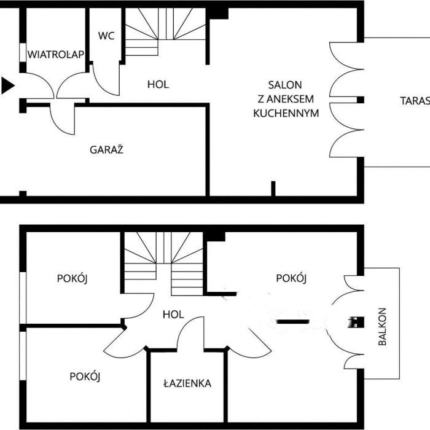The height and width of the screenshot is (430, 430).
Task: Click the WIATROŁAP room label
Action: pos(55,54)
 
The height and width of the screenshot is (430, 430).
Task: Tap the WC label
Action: pos(106,36)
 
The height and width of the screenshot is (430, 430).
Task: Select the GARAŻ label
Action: pos(107,149)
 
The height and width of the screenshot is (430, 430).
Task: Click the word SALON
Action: pos(284,85)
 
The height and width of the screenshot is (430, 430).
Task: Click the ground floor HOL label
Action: pos(158,84)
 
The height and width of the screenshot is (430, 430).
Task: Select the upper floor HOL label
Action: pos(173,315)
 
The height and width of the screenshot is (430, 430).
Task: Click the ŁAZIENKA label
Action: pos(187,383)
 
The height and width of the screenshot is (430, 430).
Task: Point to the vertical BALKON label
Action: pos(382,326)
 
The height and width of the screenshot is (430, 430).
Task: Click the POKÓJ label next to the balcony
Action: pos(291,278)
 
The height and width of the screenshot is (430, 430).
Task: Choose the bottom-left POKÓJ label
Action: pos(85,377)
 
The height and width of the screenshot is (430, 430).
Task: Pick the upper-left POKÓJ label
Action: pos(72,278)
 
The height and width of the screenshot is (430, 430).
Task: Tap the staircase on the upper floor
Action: pos(164,261)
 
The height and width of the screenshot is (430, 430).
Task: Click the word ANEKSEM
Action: pos(286,100)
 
